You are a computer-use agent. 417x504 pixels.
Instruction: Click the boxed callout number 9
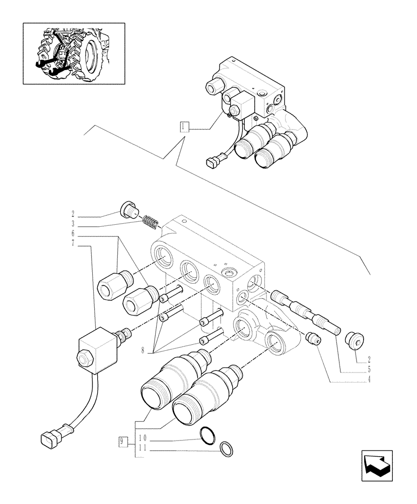(x=121, y=443)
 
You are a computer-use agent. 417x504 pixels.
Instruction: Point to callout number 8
(x=144, y=350)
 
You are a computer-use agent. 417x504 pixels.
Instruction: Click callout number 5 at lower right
(x=370, y=369)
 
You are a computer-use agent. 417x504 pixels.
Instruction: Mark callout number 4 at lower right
(x=370, y=379)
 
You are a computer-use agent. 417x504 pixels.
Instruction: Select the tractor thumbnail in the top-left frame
(x=74, y=52)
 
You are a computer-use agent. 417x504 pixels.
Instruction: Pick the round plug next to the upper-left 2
(x=129, y=209)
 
